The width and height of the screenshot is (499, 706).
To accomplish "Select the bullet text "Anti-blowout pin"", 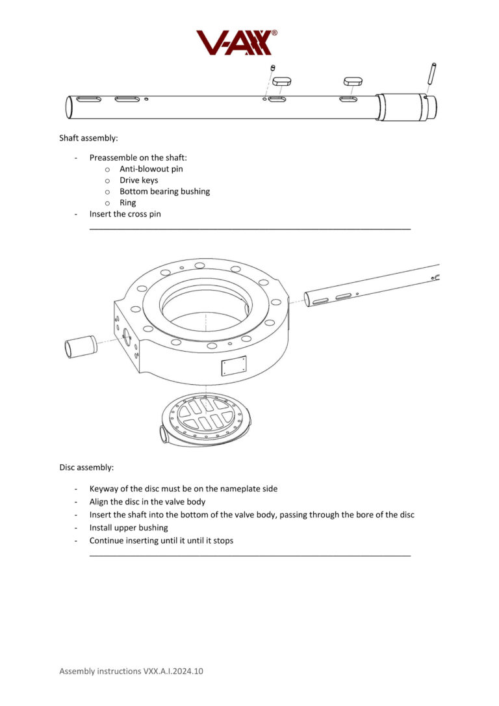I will pos(151,169).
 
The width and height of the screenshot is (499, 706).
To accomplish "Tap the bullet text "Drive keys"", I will pos(138,180).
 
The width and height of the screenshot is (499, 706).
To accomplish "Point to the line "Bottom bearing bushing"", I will pos(164,191).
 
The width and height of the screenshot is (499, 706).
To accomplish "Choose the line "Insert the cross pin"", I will pos(125,214).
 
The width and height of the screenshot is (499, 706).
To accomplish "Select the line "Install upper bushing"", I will pos(129,527).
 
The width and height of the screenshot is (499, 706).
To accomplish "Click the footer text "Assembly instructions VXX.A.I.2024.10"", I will pos(131,670).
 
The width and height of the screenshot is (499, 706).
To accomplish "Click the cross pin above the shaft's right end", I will pos(431,73).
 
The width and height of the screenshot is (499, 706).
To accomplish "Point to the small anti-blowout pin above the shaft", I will pos(274,68).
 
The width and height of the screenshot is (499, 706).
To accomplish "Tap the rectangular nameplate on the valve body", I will pos(233,366).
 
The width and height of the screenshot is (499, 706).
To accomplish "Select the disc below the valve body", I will pos(205,420).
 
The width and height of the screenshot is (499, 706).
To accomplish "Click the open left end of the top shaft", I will pos(69,107).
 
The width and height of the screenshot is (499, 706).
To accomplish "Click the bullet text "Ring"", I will pos(128,203).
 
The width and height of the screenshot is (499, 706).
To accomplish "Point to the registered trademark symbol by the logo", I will pos(274,33).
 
